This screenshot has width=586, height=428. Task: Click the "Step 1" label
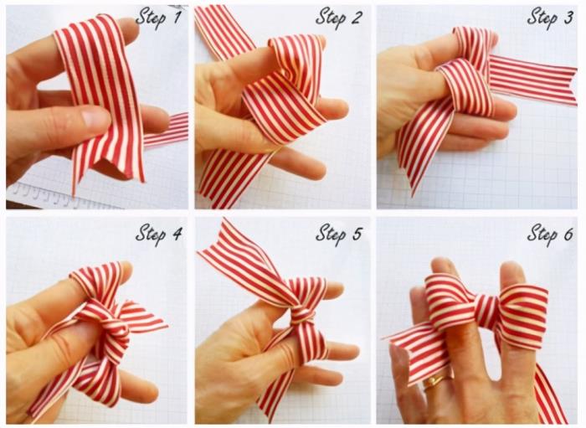pyautogui.click(x=158, y=18)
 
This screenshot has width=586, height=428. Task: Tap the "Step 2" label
pyautogui.click(x=339, y=18)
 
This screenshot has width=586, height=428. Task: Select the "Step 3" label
pyautogui.click(x=550, y=18)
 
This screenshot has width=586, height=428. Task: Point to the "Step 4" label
pyautogui.click(x=158, y=234)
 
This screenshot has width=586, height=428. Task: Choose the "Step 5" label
pyautogui.click(x=339, y=234)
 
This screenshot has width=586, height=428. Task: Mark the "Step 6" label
pyautogui.click(x=550, y=234)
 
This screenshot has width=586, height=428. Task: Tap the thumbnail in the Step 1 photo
pyautogui.click(x=96, y=116)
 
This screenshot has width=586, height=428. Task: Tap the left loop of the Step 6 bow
pyautogui.click(x=450, y=302)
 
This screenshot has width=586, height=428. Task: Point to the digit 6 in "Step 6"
pyautogui.click(x=568, y=235)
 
